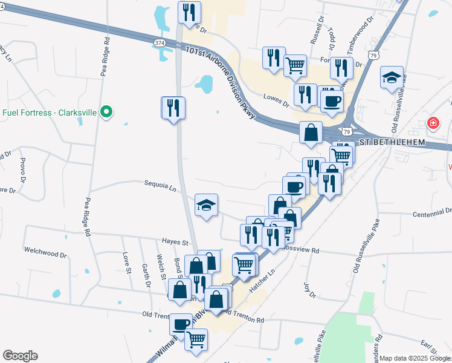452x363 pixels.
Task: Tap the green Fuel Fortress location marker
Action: click(106, 112)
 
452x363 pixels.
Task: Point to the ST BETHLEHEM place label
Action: click(393, 142)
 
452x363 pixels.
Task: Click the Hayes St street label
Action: click(175, 241)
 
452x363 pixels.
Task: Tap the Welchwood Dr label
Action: click(47, 249)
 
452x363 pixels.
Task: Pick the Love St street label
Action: click(128, 263)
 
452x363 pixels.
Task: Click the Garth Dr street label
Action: click(146, 275)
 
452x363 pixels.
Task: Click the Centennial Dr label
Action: click(432, 213)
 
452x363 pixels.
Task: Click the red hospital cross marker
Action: click(433, 123)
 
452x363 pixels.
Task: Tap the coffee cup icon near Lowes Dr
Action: click(331, 100)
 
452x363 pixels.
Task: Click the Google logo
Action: click(20, 356)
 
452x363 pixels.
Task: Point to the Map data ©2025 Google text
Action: click(415, 358)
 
